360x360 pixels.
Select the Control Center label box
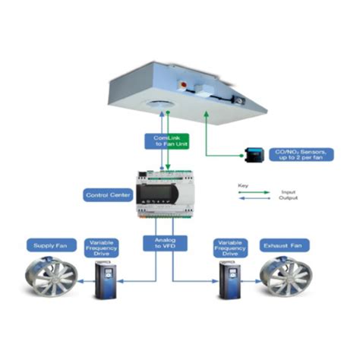(106, 195)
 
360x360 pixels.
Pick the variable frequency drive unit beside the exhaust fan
(227, 280)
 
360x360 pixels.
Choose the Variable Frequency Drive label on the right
(230, 245)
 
